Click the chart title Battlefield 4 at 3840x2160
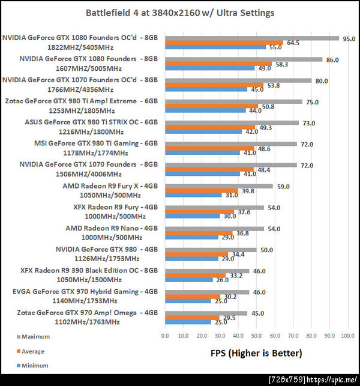[x=179, y=13]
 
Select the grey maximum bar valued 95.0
[x=251, y=37]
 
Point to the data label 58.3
[x=281, y=64]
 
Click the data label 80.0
[x=321, y=80]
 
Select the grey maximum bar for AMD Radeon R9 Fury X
[x=219, y=186]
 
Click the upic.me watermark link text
[x=333, y=380]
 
